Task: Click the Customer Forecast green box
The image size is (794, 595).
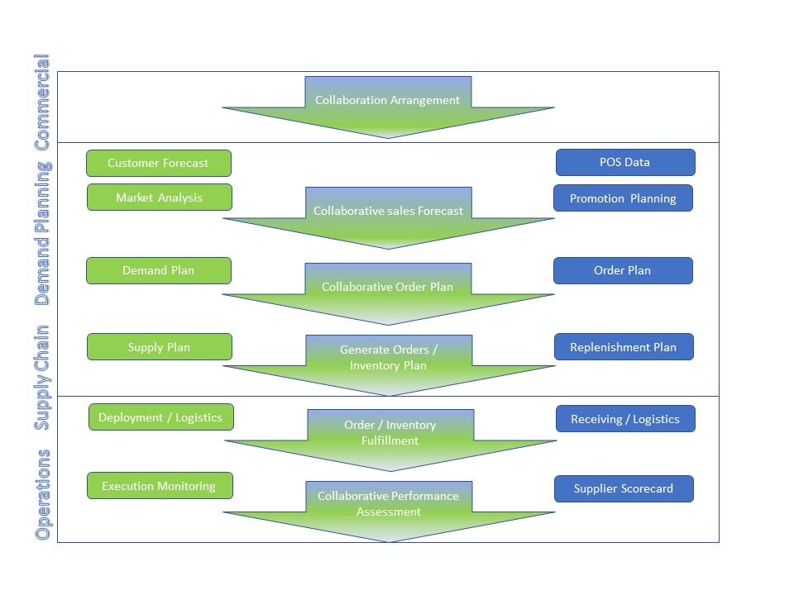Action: tap(158, 163)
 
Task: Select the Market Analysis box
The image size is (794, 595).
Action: tap(159, 198)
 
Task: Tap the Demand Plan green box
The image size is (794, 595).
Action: tap(158, 270)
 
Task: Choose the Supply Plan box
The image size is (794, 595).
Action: tap(159, 347)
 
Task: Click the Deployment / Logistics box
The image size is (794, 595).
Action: tap(160, 417)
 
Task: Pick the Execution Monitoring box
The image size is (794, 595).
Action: tap(159, 486)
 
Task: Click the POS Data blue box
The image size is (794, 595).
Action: tap(624, 162)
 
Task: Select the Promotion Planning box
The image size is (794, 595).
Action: tap(623, 198)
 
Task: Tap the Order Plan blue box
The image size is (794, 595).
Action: tap(622, 270)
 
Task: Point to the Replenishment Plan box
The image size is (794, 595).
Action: tap(623, 347)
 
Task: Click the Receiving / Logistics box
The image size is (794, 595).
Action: tap(624, 419)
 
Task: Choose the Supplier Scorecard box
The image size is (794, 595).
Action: tap(623, 488)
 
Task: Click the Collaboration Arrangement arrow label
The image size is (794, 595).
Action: tap(388, 100)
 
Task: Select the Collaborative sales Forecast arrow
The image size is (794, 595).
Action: tap(388, 211)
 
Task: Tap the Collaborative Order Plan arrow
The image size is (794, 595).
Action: tap(388, 287)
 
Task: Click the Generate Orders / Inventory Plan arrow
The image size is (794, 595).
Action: tap(389, 358)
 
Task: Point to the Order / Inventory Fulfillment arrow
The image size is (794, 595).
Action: tap(390, 432)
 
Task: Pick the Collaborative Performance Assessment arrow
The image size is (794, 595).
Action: tap(388, 503)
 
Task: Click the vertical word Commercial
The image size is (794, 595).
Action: tap(42, 102)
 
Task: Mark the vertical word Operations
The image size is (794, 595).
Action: tap(42, 494)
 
